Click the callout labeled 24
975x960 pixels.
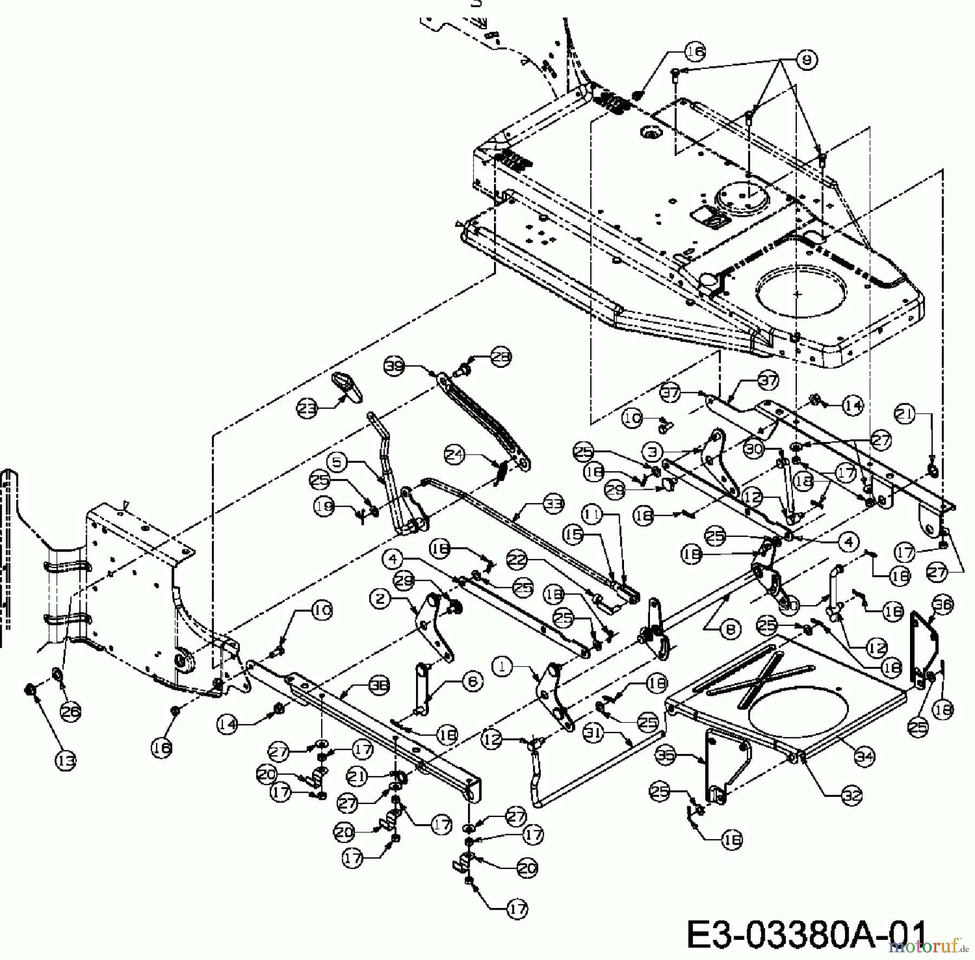[456, 455]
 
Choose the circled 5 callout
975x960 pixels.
[337, 463]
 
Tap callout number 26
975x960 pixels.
[70, 712]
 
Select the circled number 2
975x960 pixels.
[381, 599]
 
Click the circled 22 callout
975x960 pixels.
[517, 560]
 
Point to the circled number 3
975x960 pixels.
[654, 451]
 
